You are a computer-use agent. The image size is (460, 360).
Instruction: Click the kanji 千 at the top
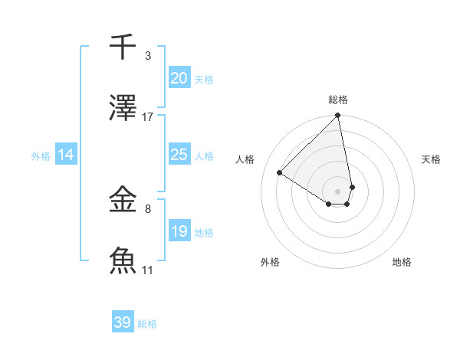pos(123,47)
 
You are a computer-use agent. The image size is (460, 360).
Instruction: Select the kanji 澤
pos(123,109)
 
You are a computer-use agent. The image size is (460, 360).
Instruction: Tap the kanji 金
pos(123,200)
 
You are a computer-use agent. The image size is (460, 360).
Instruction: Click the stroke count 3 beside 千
pos(147,55)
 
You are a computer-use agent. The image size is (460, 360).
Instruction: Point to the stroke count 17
pos(148,116)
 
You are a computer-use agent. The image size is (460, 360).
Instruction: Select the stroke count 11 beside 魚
pos(148,270)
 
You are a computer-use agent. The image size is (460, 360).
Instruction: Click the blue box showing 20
pos(179,78)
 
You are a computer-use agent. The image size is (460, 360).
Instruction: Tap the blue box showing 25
pos(179,155)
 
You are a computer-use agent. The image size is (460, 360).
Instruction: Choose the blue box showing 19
pos(179,231)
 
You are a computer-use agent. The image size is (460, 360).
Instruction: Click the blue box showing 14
pos(66,155)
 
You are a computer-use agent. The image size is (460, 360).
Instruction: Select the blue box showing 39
pos(122,322)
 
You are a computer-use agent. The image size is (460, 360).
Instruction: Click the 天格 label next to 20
pos(204,80)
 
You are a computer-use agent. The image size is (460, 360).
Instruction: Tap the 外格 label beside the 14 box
pos(41,156)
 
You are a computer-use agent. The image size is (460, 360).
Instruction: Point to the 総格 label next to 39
pos(147,324)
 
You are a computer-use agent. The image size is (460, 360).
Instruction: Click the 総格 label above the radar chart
pos(338,100)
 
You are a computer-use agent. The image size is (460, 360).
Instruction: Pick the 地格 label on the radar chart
pos(402,262)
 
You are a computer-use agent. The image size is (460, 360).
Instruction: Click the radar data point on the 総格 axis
pos(338,116)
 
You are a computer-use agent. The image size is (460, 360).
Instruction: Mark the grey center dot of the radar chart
pos(338,191)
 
